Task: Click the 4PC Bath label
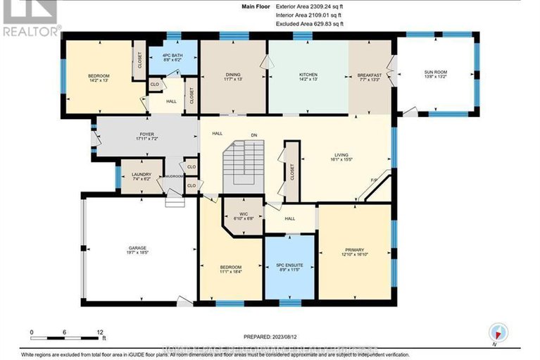[x=172, y=58]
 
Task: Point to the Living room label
[x=342, y=157]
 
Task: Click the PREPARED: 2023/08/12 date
[x=270, y=336]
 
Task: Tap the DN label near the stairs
[x=254, y=135]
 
